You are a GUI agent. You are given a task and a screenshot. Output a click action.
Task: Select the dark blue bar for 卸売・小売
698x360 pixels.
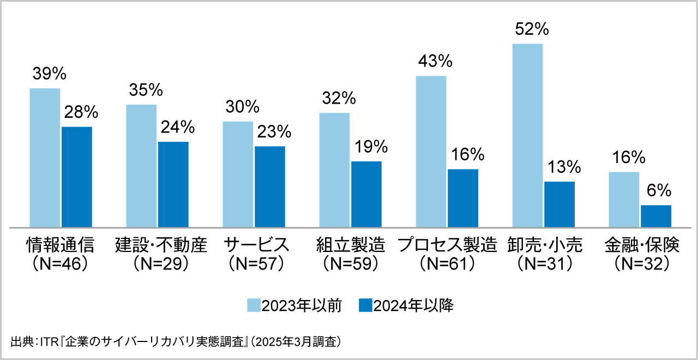(x=559, y=204)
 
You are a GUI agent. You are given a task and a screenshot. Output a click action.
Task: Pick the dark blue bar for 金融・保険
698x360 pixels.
(x=656, y=215)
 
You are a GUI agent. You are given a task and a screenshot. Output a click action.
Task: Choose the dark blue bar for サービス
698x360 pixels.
(x=270, y=186)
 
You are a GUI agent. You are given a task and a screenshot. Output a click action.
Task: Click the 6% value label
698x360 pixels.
(x=657, y=191)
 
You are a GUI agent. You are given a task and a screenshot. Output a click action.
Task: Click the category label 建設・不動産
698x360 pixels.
(x=161, y=245)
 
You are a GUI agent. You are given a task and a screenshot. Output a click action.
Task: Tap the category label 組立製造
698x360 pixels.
(x=351, y=245)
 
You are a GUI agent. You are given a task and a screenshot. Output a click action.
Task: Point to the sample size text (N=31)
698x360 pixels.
(x=545, y=263)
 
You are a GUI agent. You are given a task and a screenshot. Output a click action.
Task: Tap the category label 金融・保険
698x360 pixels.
(x=641, y=245)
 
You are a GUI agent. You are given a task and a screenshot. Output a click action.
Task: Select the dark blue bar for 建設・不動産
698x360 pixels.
(x=173, y=184)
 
